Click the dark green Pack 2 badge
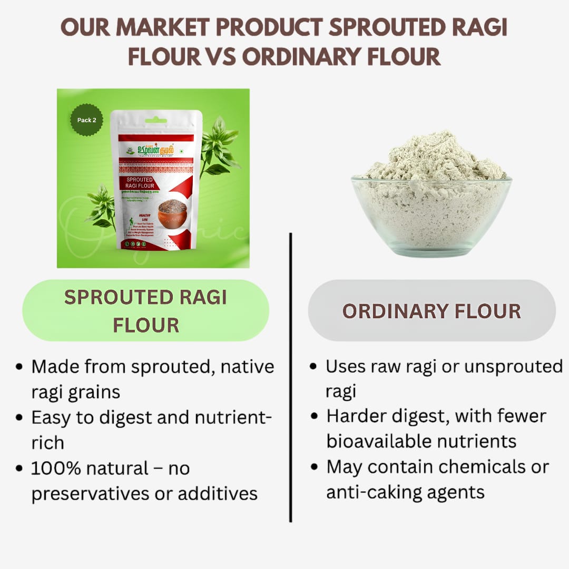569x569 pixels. click(x=86, y=120)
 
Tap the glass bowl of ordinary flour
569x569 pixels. click(x=431, y=211)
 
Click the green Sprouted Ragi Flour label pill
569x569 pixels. click(x=145, y=311)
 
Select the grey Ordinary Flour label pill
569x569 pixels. click(x=431, y=311)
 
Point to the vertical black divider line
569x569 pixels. click(x=290, y=379)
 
